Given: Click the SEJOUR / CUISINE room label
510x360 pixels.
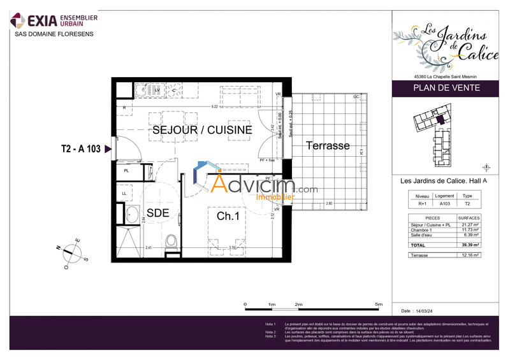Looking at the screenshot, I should (201, 130).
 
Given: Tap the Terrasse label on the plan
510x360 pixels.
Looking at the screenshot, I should (328, 146).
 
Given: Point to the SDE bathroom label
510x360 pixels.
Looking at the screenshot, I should (157, 213).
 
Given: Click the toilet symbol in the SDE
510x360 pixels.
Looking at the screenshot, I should (170, 242).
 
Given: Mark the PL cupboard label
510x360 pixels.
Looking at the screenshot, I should (127, 171).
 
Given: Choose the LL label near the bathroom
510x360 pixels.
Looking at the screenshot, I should (125, 193).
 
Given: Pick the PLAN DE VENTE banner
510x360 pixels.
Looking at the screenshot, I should (444, 89).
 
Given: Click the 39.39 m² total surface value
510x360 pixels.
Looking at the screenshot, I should (471, 245).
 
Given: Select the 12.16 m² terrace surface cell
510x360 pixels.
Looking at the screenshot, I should (471, 255).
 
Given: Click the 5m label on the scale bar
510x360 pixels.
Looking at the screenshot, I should (379, 305).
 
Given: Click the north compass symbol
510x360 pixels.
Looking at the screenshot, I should (71, 252).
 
